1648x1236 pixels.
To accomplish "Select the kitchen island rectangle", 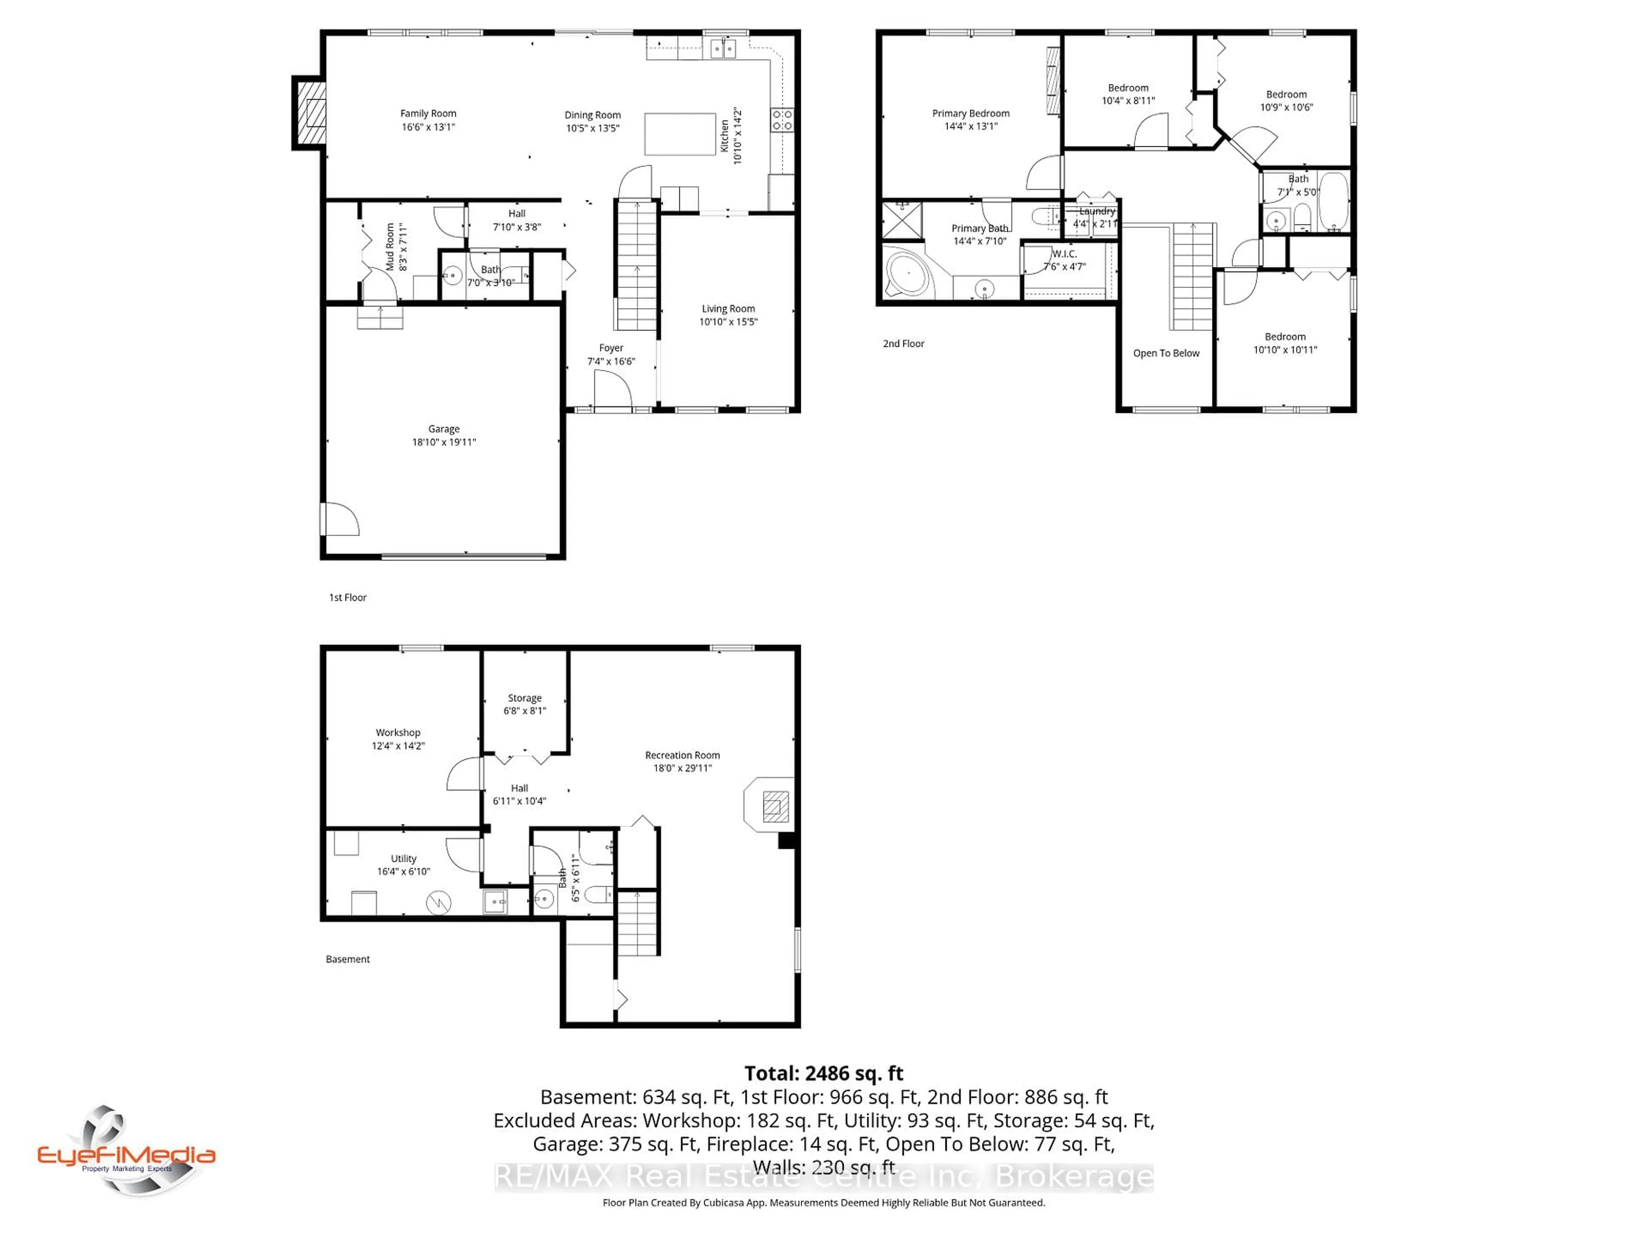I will coord(679,134).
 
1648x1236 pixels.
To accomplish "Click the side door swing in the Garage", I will coord(340,519).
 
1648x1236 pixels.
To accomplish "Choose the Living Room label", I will coord(728,309).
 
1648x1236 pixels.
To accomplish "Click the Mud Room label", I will coord(390,247).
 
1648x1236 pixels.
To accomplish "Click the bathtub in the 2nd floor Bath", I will coord(1333,201).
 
